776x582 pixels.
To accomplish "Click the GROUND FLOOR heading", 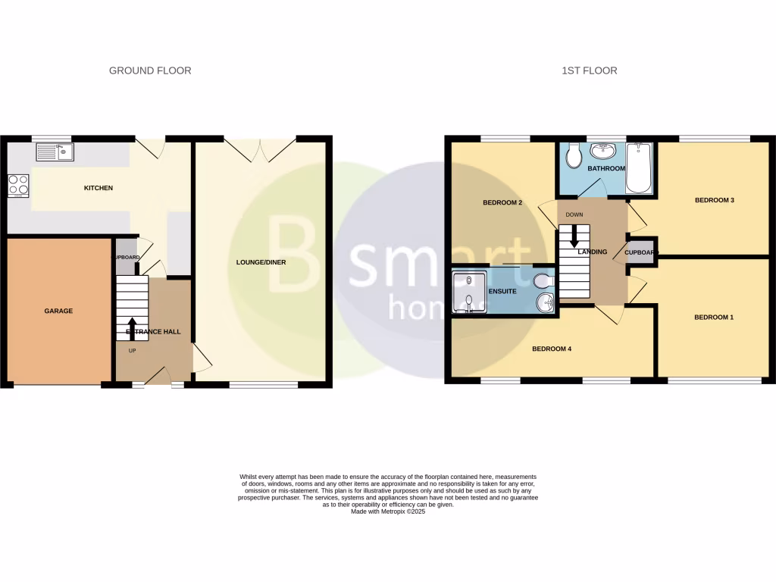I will (x=150, y=70).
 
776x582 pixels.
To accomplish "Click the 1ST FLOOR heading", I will (x=589, y=70).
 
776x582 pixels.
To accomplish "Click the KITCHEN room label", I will (x=98, y=188).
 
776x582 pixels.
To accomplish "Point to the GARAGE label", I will (x=58, y=311).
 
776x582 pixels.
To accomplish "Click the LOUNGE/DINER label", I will (x=260, y=262).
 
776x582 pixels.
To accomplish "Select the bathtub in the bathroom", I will (x=640, y=167).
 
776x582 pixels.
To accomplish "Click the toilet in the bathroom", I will (x=574, y=157).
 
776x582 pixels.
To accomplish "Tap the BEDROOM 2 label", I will (x=503, y=203).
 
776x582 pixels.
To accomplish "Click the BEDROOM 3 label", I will (x=715, y=201).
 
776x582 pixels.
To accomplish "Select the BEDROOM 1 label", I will (x=714, y=318).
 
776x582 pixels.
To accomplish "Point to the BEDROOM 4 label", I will (x=551, y=349).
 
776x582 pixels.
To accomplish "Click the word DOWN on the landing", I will (x=574, y=214).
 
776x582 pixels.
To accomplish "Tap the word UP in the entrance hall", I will (x=132, y=350).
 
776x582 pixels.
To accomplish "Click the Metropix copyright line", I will (x=388, y=512).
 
